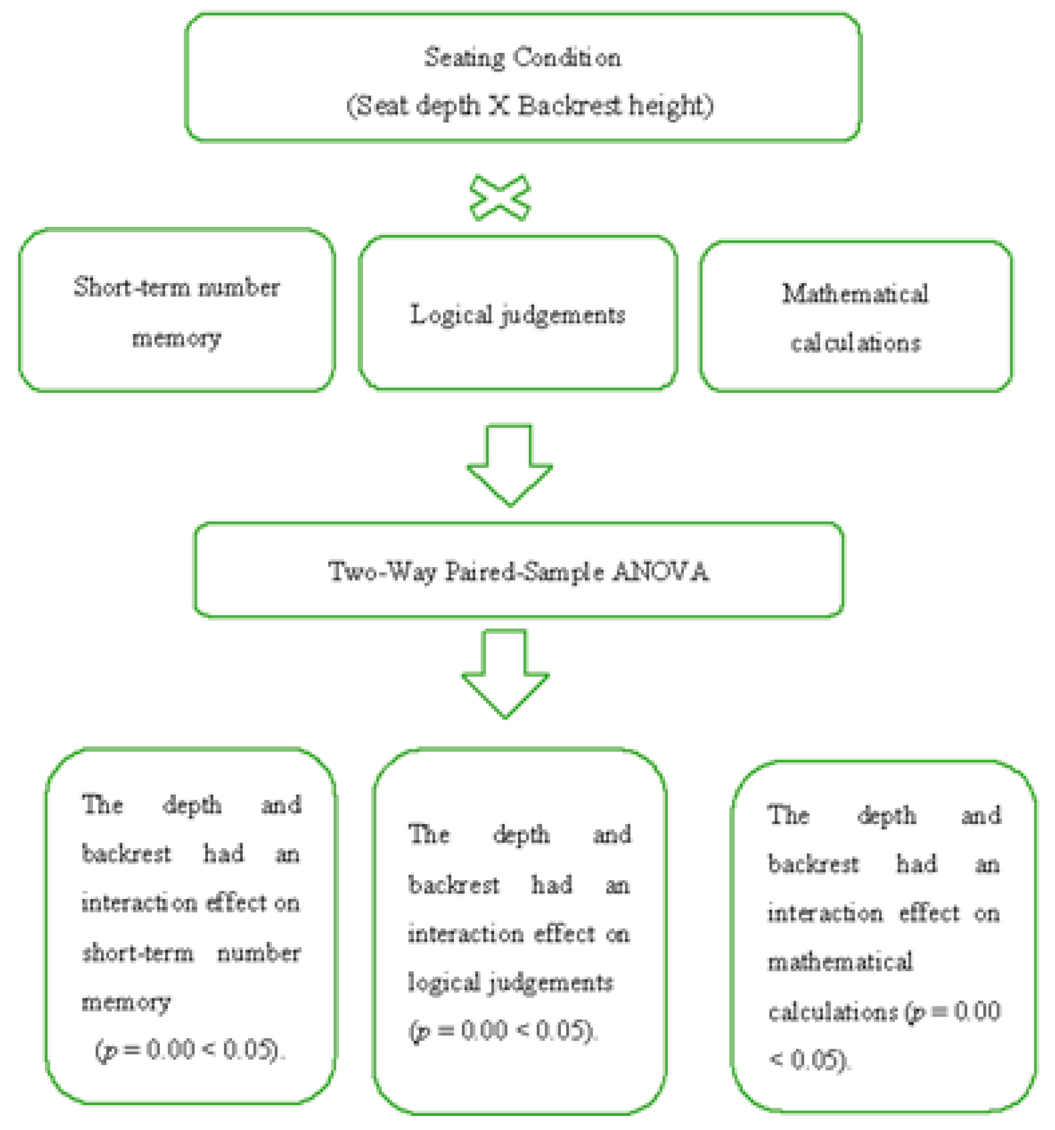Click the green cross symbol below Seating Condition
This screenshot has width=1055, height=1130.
[x=500, y=198]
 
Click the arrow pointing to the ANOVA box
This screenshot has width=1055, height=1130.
[x=509, y=463]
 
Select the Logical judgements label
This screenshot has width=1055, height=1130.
[x=517, y=315]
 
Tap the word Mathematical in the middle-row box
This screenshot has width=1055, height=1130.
[x=856, y=294]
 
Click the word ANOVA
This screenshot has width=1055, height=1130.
[x=661, y=571]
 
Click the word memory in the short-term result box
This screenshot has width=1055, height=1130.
[x=126, y=1002]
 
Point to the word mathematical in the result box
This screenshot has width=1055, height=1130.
[x=840, y=962]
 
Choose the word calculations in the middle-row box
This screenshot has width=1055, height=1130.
[x=856, y=343]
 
